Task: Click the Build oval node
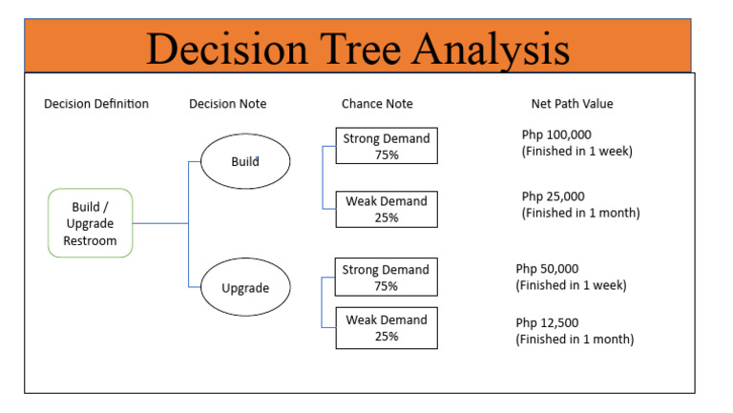pos(245,161)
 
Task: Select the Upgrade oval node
pos(245,287)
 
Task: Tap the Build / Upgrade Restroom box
pos(90,222)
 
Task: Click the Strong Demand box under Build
pos(387,146)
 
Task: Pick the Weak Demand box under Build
pos(387,209)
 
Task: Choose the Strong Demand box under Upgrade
pos(387,277)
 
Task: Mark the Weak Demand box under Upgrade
pos(387,327)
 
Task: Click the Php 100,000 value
pos(556,134)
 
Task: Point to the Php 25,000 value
pos(554,196)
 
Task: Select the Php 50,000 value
pos(548,269)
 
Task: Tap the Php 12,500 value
pos(548,322)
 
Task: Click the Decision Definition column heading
pos(96,104)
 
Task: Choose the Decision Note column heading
pos(228,104)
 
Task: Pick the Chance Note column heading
pos(377,104)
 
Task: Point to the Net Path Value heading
pos(573,104)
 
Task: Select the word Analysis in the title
pos(496,48)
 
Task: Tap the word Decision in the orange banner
pos(225,48)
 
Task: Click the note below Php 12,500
pos(575,340)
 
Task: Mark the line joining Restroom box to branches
pos(160,223)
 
